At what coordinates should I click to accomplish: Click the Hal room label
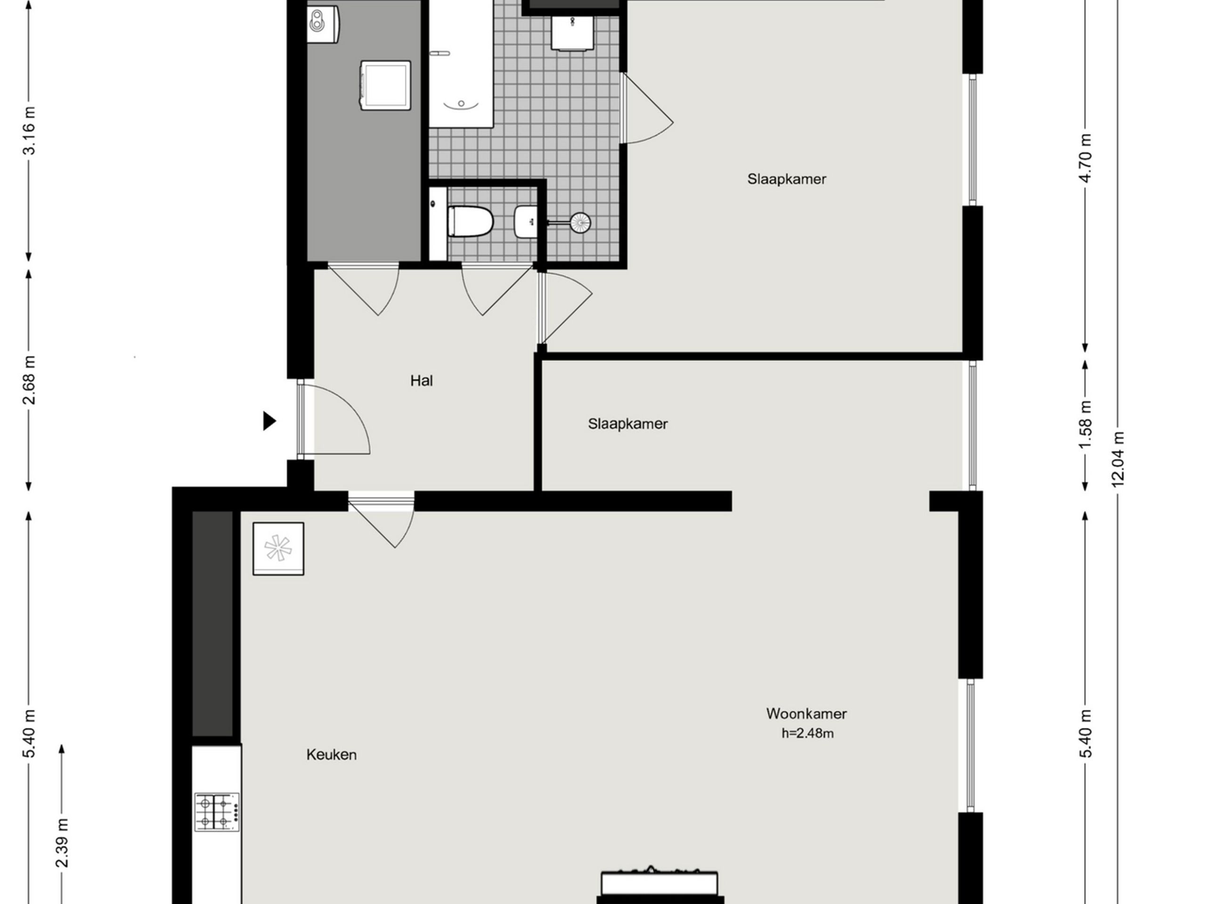422,380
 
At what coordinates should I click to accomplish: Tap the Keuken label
332,755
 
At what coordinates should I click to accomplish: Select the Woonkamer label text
807,713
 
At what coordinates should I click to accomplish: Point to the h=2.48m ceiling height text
807,734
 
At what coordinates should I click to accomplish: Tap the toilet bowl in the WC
470,222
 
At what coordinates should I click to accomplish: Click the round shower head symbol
579,222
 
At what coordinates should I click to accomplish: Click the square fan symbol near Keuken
278,548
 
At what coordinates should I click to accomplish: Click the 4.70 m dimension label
1085,159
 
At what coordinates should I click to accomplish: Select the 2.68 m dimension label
29,380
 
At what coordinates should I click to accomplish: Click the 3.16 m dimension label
29,131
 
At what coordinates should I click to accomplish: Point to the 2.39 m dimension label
62,842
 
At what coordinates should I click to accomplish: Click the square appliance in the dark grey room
385,85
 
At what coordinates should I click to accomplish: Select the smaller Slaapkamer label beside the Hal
627,424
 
